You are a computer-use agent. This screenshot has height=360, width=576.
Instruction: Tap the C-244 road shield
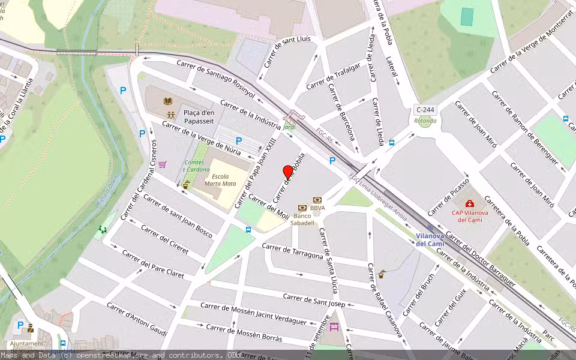click(x=425, y=110)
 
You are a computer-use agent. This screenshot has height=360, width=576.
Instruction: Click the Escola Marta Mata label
click(x=220, y=181)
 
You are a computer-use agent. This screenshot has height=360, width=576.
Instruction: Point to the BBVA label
click(x=318, y=208)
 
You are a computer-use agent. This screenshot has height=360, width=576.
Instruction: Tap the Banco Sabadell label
click(x=304, y=219)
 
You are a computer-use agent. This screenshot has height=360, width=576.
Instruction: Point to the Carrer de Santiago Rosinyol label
click(x=215, y=79)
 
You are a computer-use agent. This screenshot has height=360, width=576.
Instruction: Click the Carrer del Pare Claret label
click(x=153, y=264)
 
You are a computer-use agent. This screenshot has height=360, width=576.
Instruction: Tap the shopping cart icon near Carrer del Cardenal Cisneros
click(x=163, y=164)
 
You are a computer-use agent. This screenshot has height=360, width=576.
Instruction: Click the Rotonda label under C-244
click(x=425, y=121)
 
